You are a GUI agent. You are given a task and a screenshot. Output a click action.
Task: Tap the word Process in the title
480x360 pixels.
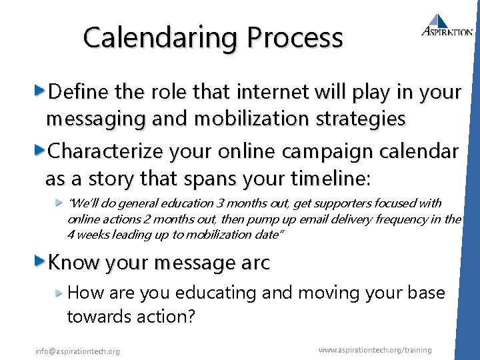point(295,38)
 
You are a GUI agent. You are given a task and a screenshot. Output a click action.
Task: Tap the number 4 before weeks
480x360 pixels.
point(71,234)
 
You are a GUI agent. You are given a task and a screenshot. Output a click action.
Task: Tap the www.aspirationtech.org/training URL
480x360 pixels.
point(375,350)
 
